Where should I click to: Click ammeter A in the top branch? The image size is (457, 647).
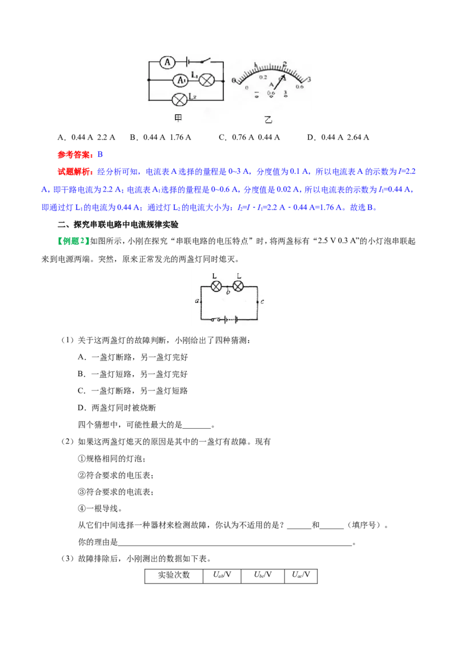coord(167,62)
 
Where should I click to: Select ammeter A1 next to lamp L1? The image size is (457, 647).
coord(181,80)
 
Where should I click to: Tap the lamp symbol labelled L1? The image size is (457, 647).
coord(207,80)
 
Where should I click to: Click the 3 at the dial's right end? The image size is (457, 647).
coord(308,79)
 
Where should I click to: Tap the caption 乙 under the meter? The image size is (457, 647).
coord(268,119)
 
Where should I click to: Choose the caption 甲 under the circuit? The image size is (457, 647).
coord(178,118)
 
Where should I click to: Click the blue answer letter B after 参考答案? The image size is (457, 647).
coord(100,154)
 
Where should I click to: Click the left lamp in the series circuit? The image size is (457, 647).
coord(216,286)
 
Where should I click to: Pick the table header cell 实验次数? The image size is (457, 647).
coord(174,576)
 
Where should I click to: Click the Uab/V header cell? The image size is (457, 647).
coord(222,576)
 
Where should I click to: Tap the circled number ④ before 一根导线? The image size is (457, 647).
coord(82,508)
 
